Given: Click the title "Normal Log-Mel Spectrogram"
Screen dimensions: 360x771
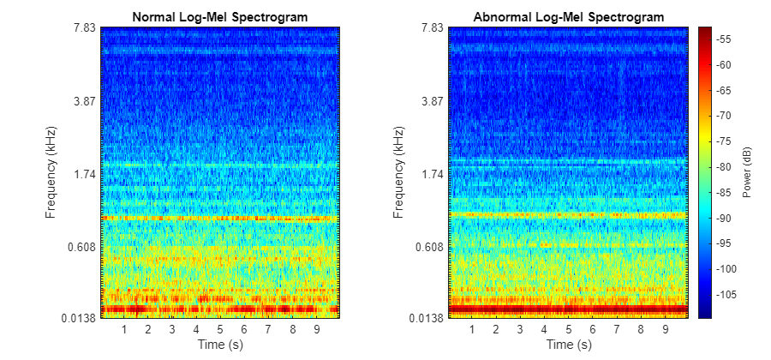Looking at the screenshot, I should point(220,17).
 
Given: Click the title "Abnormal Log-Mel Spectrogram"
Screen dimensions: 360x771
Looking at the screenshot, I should point(568,17).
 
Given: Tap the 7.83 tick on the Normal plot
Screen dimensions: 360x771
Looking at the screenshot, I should point(84,27).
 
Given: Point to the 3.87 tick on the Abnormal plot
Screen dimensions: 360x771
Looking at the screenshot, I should point(432,100).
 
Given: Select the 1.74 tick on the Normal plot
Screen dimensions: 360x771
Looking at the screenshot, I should point(84,174).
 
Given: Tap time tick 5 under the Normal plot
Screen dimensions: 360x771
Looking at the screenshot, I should point(220,329).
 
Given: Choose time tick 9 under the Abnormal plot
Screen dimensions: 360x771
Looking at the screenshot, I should point(665,329).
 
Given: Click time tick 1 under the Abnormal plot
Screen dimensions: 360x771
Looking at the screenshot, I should point(472,329).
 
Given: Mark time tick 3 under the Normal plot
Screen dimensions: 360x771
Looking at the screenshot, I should point(172,329).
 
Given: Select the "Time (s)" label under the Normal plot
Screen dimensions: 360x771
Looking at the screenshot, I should point(220,345).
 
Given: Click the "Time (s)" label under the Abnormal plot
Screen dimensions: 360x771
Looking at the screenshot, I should point(568,345).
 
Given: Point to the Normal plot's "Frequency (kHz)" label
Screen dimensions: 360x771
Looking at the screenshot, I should point(51,172).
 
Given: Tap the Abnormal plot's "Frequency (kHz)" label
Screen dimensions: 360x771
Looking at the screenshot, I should point(399,172).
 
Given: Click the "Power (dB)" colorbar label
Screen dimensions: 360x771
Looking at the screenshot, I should point(747,172).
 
